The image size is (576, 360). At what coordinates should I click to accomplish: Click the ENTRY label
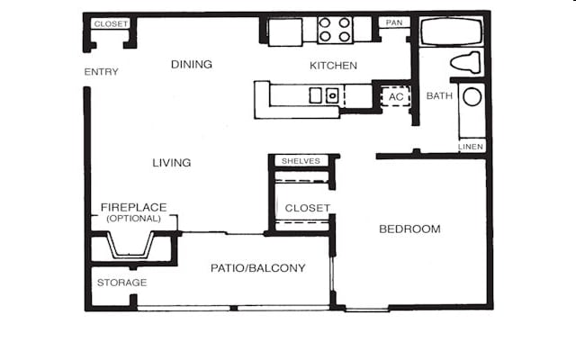pos(101,72)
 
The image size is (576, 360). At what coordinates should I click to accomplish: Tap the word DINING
pos(192,65)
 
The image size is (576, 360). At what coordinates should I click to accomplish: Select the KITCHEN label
pos(333,66)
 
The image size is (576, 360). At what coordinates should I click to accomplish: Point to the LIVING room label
pos(171,163)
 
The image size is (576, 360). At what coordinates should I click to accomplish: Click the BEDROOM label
pos(409,229)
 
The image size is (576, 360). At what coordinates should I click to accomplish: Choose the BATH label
pos(439,96)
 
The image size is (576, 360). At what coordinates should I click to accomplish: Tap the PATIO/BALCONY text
pos(258,268)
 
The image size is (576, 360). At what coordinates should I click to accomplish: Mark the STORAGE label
pos(121,283)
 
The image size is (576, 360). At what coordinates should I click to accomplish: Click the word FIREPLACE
pos(133,207)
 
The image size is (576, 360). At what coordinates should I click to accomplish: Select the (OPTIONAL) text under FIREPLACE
pos(133,218)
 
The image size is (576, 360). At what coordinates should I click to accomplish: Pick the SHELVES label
pos(301,161)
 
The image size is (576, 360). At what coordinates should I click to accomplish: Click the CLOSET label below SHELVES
pos(307,208)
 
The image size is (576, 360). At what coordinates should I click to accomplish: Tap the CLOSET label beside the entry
pos(111,23)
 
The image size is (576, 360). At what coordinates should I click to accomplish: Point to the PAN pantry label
pos(392,22)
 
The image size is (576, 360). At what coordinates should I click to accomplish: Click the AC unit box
pos(395,96)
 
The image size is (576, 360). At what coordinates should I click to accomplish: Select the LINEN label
pos(471,146)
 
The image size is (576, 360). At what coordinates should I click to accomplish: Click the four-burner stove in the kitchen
pos(334,31)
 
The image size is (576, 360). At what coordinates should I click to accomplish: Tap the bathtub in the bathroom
pos(454,32)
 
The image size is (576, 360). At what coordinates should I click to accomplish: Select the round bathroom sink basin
pos(472,97)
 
